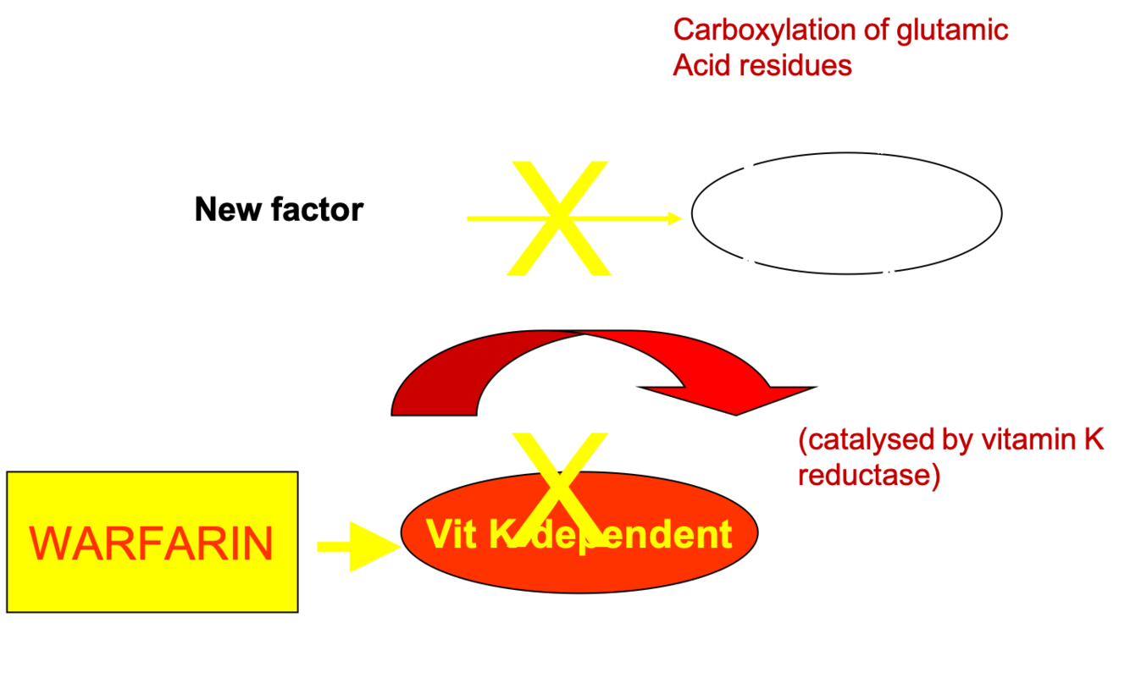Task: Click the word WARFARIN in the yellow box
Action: pyautogui.click(x=152, y=543)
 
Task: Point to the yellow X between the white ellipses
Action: pyautogui.click(x=559, y=218)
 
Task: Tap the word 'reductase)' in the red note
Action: pyautogui.click(x=869, y=476)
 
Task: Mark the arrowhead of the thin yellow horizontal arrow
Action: pyautogui.click(x=673, y=218)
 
